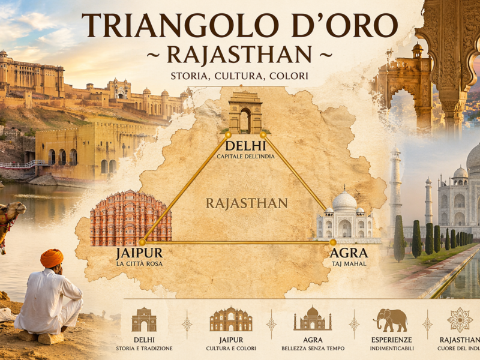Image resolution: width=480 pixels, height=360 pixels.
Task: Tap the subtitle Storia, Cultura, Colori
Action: point(239,76)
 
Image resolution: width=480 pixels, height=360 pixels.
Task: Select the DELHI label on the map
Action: point(245,146)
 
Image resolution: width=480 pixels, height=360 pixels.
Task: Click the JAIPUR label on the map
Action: point(139,253)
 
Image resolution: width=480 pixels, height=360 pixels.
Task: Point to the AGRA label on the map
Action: point(349,253)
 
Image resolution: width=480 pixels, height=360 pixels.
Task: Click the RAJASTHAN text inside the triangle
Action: point(247,203)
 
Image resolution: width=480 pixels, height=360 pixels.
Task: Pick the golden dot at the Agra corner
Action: point(333,242)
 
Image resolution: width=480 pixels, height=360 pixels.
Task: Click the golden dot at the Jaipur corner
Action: point(142,242)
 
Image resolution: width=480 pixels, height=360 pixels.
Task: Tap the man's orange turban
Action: point(52,258)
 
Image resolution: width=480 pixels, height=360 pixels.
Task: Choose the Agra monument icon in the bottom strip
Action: point(312,319)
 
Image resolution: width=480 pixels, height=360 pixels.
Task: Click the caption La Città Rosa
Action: point(139,263)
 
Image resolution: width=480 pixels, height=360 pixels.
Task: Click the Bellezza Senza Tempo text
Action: point(312,349)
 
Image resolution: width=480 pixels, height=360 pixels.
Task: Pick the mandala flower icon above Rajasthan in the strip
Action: point(460,320)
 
